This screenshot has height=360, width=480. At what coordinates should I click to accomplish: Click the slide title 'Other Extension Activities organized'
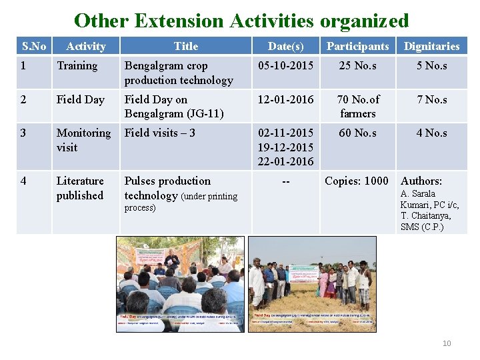coord(241,21)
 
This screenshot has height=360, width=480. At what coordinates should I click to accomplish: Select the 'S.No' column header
coord(34,46)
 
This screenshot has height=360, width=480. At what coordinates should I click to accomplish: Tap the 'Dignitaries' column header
coord(431,46)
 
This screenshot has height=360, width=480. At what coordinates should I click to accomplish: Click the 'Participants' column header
coord(357,46)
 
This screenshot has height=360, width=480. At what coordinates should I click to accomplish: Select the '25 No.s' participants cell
coord(357,66)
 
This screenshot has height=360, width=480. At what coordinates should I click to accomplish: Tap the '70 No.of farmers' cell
coord(357,106)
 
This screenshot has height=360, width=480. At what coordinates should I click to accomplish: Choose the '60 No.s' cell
coord(357,133)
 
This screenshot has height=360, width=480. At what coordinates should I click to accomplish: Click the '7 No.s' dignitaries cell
coord(431,99)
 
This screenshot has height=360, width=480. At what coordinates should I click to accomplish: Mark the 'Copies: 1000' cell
coord(357,181)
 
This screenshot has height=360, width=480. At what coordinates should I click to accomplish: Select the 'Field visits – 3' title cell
coord(160,133)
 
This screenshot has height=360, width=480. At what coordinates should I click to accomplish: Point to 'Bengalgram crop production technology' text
coord(178,73)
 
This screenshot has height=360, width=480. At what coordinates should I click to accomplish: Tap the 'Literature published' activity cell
coord(80,188)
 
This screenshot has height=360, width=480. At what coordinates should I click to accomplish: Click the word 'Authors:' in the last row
coord(421,181)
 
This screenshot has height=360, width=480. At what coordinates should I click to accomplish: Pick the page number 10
coord(447,343)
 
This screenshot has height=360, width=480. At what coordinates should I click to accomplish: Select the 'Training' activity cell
coord(77,66)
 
